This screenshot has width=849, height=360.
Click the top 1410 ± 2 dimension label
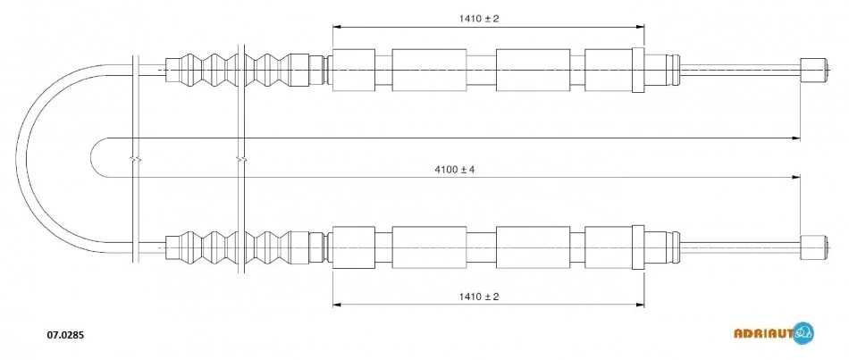(x=479, y=19)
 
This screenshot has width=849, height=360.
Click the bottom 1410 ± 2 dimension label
(x=479, y=296)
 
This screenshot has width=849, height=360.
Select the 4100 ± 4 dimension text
(x=454, y=170)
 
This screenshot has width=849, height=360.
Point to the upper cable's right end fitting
(x=814, y=70)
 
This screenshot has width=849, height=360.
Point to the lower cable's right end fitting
(x=814, y=247)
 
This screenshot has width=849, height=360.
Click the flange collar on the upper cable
(x=638, y=70)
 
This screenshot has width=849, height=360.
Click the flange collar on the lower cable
(x=638, y=247)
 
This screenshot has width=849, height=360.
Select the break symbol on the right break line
(x=241, y=159)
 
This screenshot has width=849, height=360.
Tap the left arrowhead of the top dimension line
(x=336, y=26)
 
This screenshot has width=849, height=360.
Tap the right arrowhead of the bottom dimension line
(x=641, y=305)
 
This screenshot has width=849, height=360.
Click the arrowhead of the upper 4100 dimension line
(x=796, y=138)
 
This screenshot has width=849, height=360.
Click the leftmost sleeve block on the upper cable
(x=354, y=70)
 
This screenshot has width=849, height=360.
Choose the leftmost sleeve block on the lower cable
(x=354, y=247)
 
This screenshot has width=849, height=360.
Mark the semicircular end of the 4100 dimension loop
(x=92, y=157)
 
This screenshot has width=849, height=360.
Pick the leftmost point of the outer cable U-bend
(x=16, y=158)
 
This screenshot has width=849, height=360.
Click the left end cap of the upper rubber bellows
(x=172, y=70)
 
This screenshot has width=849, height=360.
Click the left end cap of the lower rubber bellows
(x=172, y=247)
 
